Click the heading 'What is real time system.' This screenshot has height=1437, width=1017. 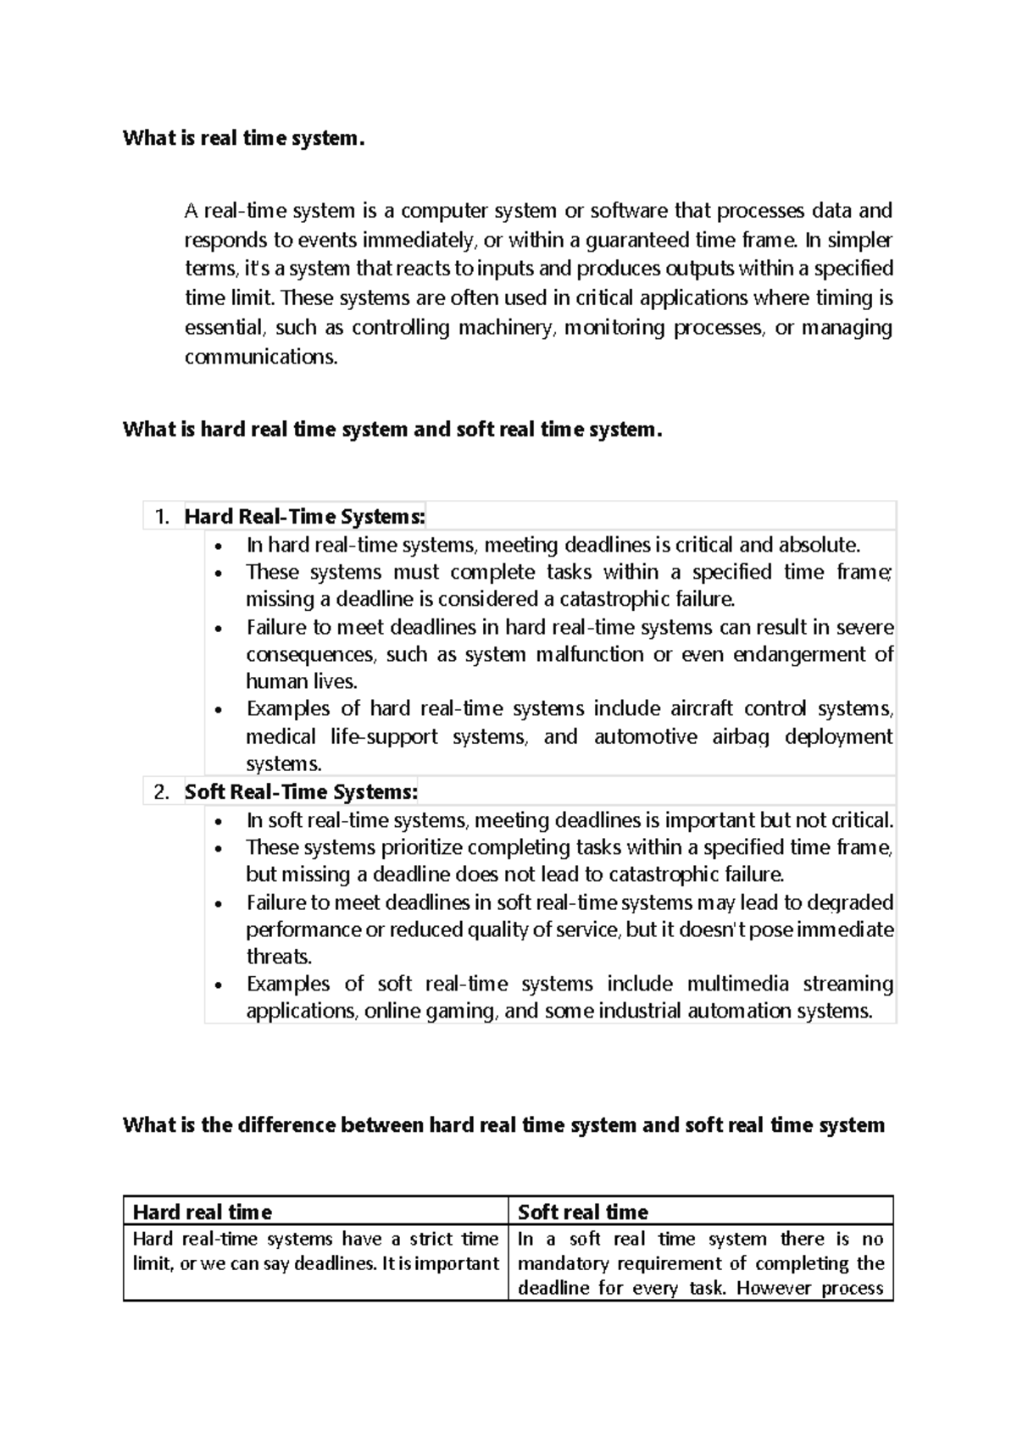click(243, 138)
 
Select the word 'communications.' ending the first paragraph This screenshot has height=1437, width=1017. click(261, 357)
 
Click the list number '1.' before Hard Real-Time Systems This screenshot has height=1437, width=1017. click(163, 517)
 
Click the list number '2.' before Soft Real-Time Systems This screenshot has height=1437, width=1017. click(163, 792)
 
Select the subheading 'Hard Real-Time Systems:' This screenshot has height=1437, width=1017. click(304, 517)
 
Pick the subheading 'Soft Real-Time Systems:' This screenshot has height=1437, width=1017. click(301, 792)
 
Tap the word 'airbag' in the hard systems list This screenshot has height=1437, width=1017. click(741, 737)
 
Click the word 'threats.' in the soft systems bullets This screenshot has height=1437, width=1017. click(279, 957)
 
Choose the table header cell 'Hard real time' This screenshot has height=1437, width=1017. click(203, 1212)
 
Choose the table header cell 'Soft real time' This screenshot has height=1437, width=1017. click(583, 1212)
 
